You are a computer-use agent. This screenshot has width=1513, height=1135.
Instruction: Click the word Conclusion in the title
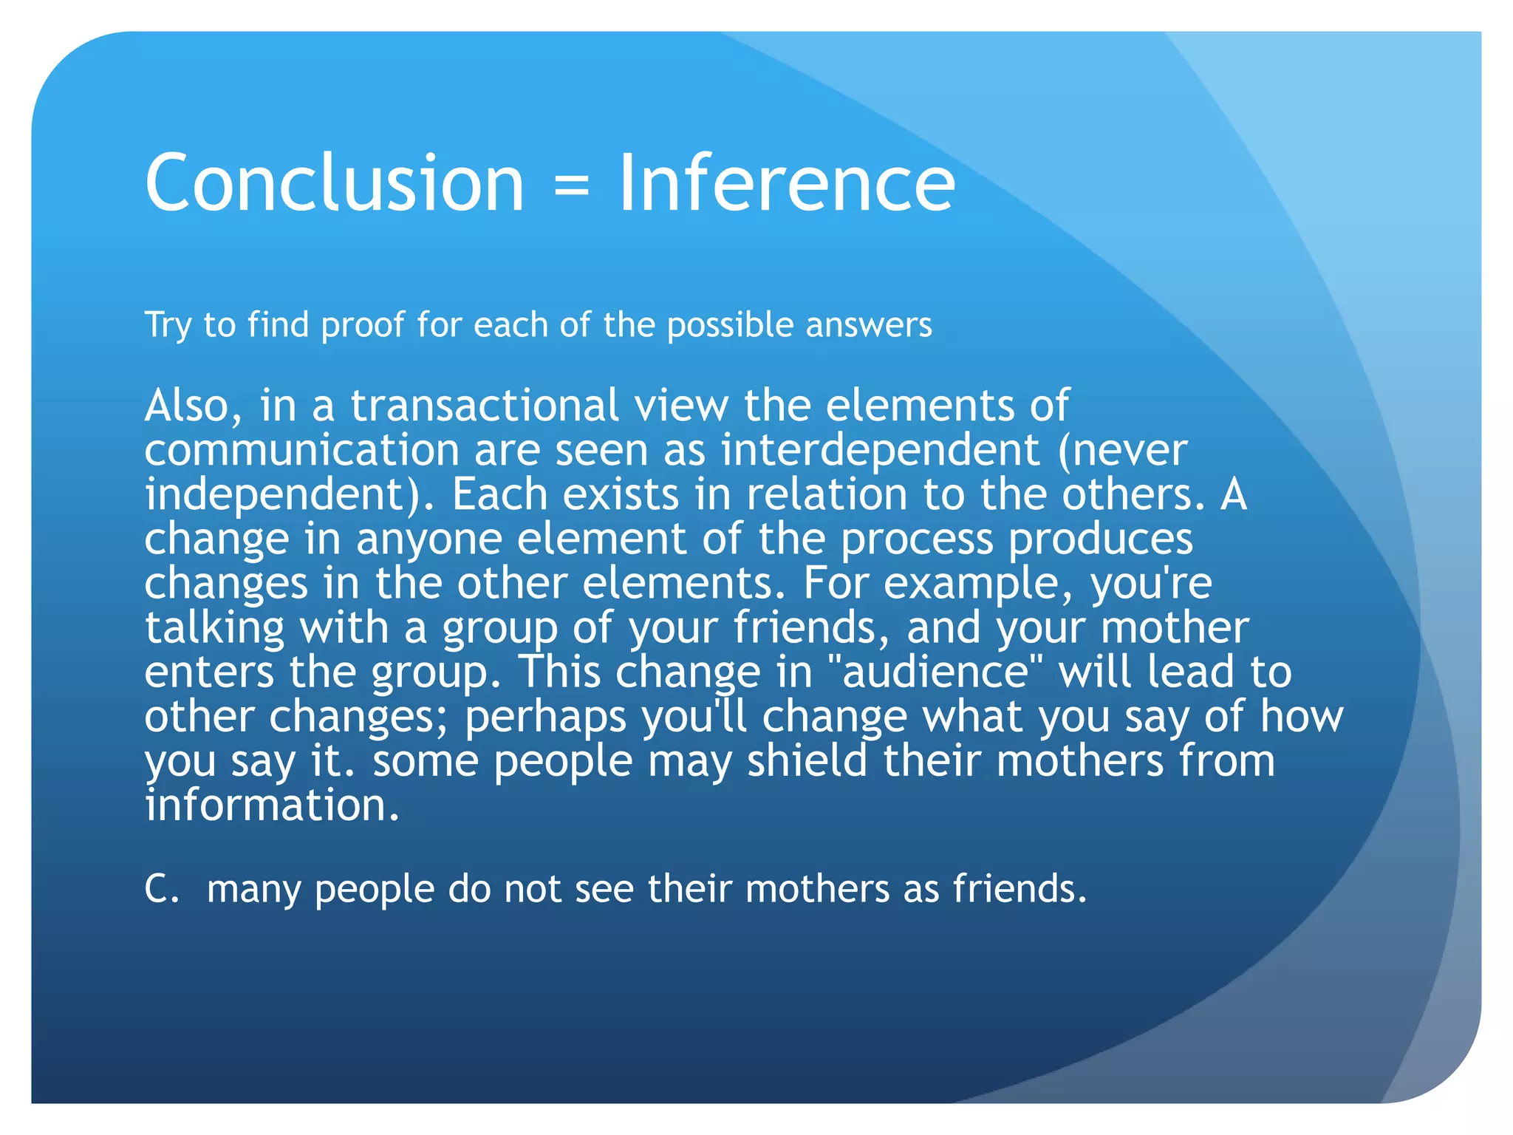(334, 183)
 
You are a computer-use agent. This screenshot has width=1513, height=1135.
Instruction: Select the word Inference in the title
(786, 183)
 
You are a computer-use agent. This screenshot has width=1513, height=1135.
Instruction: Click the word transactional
(484, 406)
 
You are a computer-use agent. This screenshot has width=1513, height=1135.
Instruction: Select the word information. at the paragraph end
(272, 805)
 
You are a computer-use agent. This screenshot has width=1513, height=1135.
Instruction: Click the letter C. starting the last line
(161, 888)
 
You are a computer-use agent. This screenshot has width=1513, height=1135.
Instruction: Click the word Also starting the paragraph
(193, 406)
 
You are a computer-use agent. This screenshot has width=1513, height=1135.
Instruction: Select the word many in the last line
(253, 890)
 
